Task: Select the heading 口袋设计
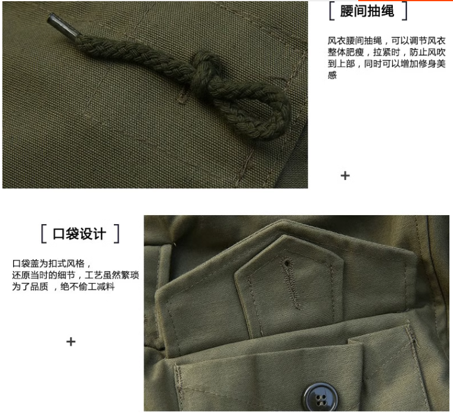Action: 80,233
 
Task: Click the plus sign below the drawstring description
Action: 345,176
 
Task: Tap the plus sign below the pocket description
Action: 71,342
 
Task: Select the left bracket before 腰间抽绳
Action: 331,11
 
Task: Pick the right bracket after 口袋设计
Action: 116,233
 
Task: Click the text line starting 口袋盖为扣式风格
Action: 52,263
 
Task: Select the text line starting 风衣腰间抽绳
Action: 387,41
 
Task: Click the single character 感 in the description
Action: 333,76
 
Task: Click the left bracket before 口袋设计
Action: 44,233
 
